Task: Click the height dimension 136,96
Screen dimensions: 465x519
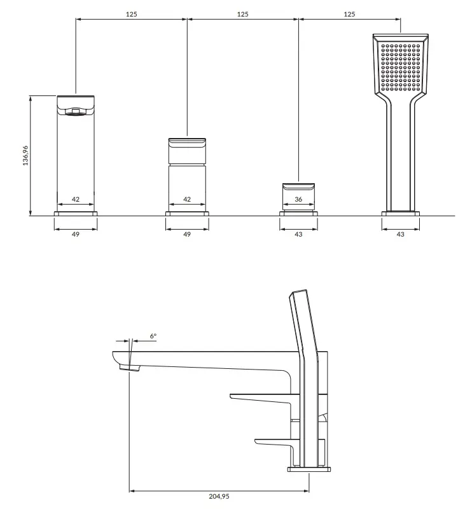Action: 25,156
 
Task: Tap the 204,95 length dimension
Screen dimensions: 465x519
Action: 219,496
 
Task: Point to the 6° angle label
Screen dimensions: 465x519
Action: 153,336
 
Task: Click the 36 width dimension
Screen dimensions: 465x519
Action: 298,199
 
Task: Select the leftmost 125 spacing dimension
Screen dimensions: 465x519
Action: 132,14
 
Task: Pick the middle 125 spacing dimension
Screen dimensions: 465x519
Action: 242,14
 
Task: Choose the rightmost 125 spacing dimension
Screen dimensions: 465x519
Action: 349,14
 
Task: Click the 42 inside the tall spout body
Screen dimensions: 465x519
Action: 76,199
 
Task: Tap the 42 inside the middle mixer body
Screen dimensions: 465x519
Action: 187,199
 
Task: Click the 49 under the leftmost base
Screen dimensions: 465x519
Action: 76,234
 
